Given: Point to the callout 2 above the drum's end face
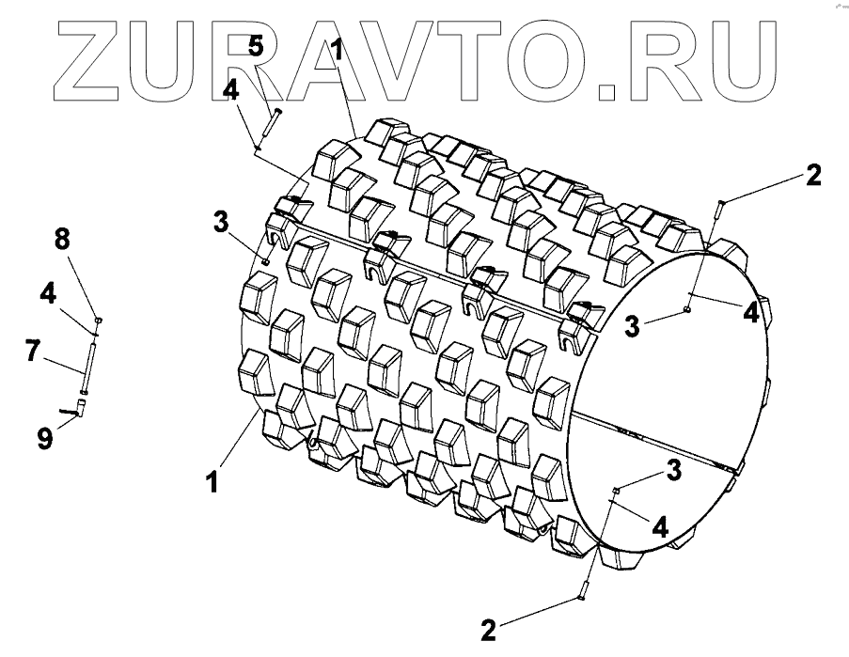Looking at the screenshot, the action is tap(813, 176).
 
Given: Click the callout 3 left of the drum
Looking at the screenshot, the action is tap(220, 222).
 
